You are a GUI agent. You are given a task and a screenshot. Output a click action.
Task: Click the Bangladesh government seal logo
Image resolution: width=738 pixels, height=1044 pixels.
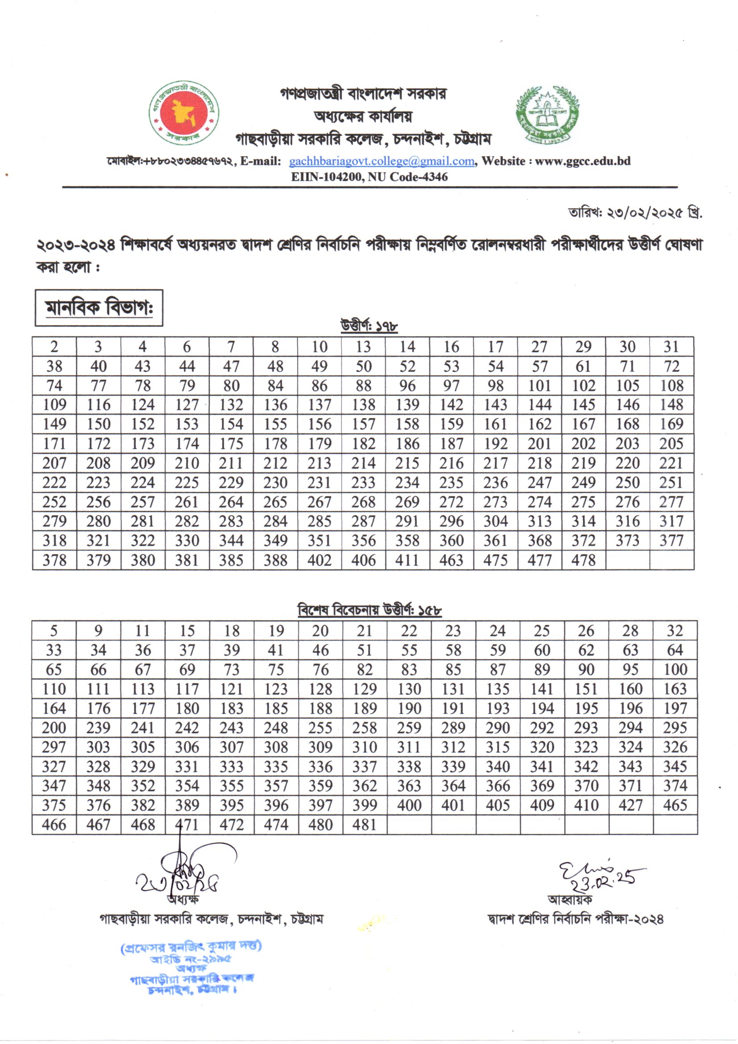pos(183,113)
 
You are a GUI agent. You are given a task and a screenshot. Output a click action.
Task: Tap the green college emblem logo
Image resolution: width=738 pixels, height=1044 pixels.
pos(547,115)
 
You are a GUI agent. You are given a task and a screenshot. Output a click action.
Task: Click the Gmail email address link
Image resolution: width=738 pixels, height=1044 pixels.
pos(382,161)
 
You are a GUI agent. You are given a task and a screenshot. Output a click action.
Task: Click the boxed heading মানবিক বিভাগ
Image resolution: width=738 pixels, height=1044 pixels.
pos(99,308)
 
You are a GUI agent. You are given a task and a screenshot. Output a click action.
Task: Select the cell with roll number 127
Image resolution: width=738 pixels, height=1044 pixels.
pos(187,405)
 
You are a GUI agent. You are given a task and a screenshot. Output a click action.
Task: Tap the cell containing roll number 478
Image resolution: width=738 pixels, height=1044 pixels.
pos(583,560)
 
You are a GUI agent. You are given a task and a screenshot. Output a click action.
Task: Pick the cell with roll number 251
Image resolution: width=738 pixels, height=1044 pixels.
pos(671,482)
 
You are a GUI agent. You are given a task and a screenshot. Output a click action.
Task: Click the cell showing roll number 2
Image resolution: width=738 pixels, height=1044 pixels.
pos(54,347)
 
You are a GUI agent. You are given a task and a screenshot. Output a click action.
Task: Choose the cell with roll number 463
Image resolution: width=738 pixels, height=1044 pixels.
pos(451,560)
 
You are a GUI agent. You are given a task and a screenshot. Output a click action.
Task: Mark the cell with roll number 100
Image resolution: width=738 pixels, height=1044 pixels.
pos(675,670)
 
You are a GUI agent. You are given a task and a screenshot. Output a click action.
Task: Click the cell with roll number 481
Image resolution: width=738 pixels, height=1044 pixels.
pos(365,825)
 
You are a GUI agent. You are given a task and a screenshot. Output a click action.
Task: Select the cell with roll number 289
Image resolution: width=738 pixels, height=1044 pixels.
pos(453,728)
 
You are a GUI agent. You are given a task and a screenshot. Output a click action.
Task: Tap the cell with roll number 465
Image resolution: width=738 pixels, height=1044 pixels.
pos(675,805)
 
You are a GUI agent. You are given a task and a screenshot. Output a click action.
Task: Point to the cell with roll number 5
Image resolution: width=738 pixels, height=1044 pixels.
pos(54,631)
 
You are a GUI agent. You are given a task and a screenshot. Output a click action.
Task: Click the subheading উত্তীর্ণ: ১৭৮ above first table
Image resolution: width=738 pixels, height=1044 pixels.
pos(369,326)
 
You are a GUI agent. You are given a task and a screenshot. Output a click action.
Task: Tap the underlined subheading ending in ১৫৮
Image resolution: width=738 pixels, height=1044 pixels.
pos(369,610)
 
